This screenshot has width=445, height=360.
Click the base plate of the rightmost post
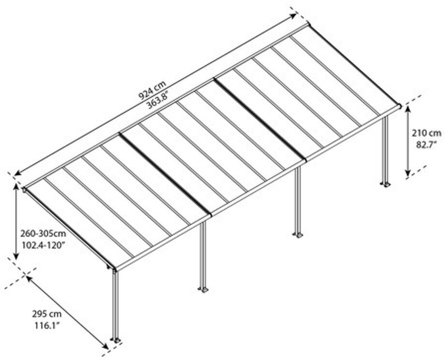(x=386, y=184)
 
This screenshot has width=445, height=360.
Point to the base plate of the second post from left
(x=203, y=290)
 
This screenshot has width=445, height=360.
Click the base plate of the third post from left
(x=297, y=235)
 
